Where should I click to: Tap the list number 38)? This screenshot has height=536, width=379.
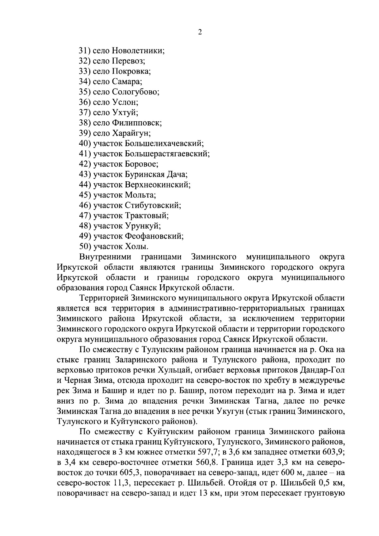click(85, 123)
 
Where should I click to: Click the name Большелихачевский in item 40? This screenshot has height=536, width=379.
click(164, 144)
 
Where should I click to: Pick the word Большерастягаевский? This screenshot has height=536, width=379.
click(167, 154)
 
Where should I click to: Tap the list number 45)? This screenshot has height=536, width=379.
click(85, 195)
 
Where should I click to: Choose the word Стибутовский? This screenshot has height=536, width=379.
click(153, 205)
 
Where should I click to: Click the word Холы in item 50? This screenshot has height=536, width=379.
click(136, 246)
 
